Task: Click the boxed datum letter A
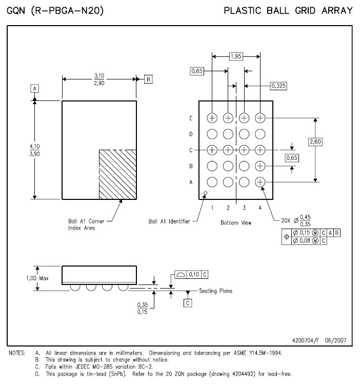35,88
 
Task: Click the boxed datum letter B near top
148,79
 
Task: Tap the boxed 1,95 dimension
236,56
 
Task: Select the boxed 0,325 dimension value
278,86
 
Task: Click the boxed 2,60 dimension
315,142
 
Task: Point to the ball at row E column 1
212,118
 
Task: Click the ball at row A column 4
260,182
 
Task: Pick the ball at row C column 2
228,150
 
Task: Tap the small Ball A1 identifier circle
205,193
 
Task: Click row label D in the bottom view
191,134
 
